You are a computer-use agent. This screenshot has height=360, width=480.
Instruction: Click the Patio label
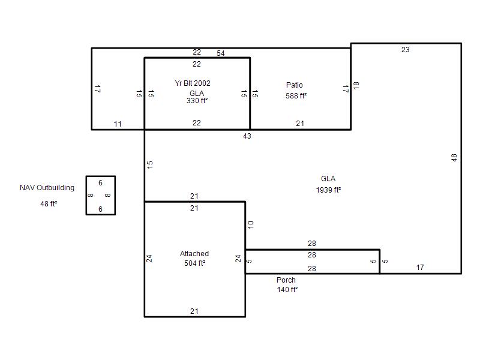(294, 85)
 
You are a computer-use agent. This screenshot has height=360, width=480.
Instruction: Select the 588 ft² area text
(296, 96)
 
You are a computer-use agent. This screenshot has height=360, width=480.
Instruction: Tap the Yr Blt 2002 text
(193, 83)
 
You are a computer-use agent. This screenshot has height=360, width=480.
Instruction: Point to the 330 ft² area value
(197, 101)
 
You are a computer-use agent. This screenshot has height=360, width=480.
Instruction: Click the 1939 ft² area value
(328, 190)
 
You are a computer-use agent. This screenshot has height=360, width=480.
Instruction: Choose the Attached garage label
(194, 253)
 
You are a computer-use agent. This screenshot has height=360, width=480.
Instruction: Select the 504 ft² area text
(194, 263)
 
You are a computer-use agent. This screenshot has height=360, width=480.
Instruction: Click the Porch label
(286, 280)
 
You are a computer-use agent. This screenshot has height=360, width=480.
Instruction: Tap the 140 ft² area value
(287, 290)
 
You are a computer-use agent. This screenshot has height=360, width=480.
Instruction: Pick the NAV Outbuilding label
(47, 188)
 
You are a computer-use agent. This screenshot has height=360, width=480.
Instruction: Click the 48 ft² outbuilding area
(49, 203)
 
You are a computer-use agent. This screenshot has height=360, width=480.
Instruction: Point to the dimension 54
(221, 53)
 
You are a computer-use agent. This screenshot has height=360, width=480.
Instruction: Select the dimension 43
(247, 136)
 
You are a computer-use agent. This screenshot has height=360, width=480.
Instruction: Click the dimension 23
(406, 50)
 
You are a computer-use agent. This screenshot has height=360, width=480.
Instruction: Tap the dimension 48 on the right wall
(454, 158)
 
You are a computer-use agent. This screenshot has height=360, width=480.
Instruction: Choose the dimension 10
(251, 224)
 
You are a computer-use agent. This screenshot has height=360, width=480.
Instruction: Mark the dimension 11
(118, 124)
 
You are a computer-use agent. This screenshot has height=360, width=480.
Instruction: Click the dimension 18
(356, 85)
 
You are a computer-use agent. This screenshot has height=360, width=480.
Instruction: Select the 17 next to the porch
(420, 268)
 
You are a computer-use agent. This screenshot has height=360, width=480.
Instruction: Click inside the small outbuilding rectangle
(101, 196)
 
